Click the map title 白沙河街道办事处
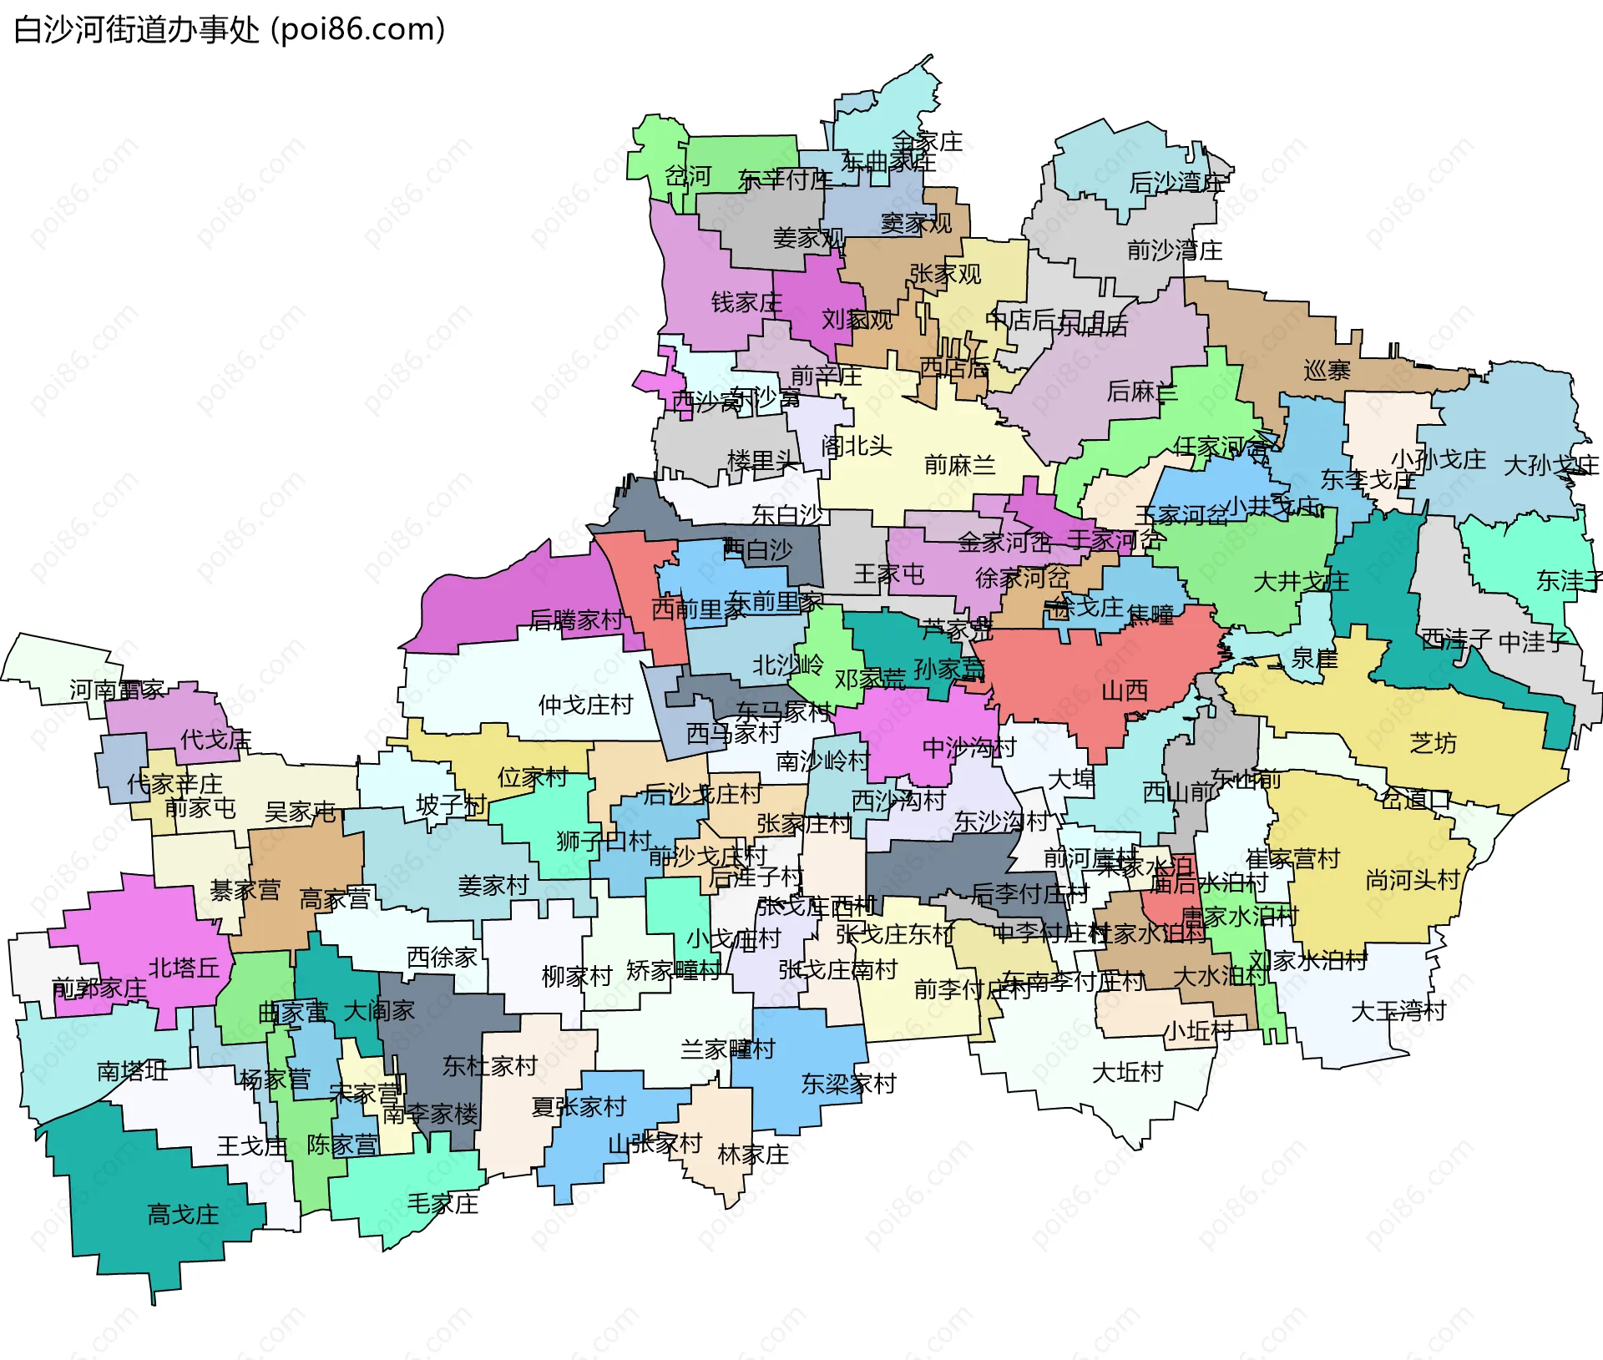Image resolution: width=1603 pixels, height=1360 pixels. [137, 30]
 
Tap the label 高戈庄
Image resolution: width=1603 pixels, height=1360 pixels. [183, 1214]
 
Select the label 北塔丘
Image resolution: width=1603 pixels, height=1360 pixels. [184, 968]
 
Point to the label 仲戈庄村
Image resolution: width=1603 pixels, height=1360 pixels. [585, 705]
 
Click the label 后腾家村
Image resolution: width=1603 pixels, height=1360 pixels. [575, 619]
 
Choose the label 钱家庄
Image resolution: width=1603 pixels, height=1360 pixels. [746, 302]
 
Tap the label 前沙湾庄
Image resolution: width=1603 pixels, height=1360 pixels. [1174, 250]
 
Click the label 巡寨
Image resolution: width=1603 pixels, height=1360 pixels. [1327, 370]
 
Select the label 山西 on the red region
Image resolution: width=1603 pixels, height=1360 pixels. [1125, 690]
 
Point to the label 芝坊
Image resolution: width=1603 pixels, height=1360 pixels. [1433, 743]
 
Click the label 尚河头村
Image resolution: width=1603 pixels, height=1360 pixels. [1412, 880]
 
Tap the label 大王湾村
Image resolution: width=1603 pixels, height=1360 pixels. [1398, 1011]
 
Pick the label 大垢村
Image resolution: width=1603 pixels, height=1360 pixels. [1127, 1072]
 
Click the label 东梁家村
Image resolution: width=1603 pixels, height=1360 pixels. [848, 1084]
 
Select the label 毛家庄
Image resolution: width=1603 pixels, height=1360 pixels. [442, 1203]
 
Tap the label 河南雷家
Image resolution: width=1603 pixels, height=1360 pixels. [117, 690]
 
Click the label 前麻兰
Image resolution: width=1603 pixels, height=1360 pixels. [959, 465]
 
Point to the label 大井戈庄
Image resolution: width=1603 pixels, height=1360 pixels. [1301, 581]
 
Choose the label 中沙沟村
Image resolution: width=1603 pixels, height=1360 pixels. [968, 747]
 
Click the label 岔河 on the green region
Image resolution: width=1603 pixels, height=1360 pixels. [687, 176]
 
